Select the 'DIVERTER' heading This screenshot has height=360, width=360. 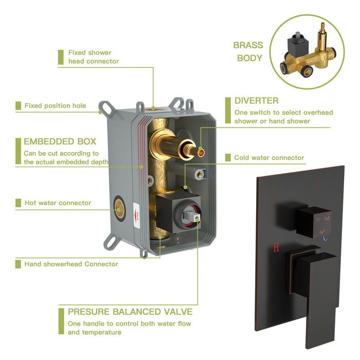click(257, 100)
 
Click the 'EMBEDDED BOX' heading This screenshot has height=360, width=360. click(60, 141)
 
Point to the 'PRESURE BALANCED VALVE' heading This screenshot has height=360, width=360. click(130, 312)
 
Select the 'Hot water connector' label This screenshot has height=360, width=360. click(58, 203)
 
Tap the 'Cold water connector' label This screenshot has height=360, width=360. click(269, 158)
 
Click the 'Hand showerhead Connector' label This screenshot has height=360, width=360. click(71, 264)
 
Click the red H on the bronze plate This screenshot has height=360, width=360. click(276, 247)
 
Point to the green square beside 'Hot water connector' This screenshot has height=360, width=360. click(18, 203)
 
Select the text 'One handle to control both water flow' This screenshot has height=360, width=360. click(130, 323)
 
